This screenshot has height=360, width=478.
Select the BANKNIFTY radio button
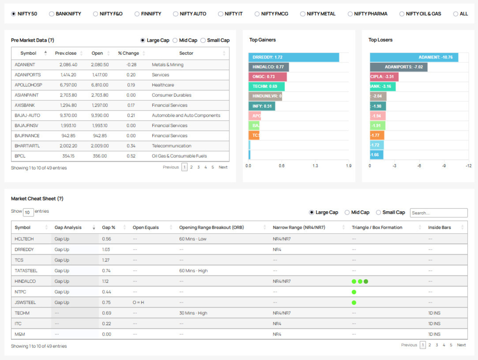tap(52, 14)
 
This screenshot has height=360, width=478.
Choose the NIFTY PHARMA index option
tap(351, 14)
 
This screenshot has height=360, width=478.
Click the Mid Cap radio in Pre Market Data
tap(175, 40)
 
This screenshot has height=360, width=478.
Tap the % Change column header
tap(128, 53)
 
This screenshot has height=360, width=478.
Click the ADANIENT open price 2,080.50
tap(99, 65)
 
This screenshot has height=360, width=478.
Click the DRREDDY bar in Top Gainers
tap(294, 57)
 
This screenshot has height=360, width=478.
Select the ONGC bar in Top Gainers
tap(268, 77)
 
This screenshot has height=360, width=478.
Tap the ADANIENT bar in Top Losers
tap(414, 57)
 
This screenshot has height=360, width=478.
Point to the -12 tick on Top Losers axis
tap(468, 166)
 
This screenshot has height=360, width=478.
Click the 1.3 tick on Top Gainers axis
tap(315, 166)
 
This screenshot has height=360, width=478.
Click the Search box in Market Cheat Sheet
tap(438, 213)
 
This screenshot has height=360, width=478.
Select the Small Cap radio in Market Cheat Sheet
tap(379, 213)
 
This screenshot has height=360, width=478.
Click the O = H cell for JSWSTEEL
tap(139, 302)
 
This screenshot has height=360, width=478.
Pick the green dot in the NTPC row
tap(354, 292)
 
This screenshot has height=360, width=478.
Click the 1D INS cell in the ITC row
tap(434, 324)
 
